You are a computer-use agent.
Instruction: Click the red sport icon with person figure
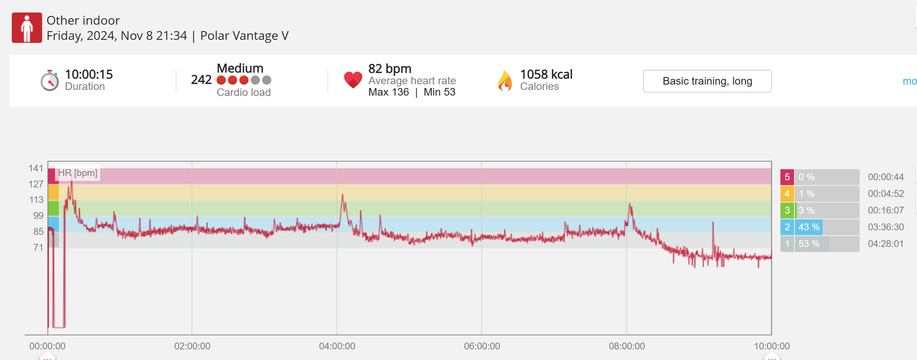[27, 28]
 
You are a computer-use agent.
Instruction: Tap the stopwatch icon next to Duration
[50, 80]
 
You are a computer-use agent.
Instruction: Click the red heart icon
[353, 80]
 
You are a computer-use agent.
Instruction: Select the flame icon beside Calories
[505, 80]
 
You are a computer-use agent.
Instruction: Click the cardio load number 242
[201, 80]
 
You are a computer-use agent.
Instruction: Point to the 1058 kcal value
[546, 74]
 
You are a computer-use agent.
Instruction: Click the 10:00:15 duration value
[89, 74]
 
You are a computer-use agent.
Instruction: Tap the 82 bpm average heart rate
[390, 69]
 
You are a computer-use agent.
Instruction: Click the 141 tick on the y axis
[36, 168]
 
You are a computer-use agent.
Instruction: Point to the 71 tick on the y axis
[38, 248]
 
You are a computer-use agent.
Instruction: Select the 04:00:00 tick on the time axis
[337, 346]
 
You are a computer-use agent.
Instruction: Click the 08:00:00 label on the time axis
[627, 346]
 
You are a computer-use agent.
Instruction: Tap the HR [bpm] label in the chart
[78, 173]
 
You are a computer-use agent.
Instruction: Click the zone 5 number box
[787, 177]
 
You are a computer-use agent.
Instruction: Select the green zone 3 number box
[787, 211]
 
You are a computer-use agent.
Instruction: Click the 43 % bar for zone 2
[809, 227]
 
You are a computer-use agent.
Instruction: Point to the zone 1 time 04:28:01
[886, 244]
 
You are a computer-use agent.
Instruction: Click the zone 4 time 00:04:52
[886, 194]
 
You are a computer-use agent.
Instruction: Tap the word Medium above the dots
[240, 68]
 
